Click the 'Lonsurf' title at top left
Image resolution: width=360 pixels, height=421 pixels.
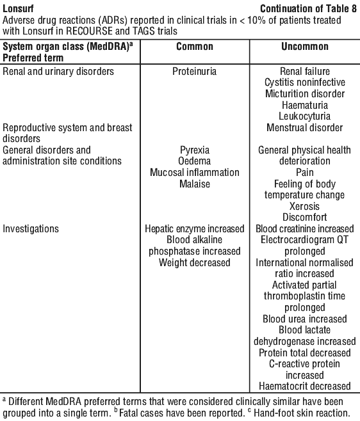(x=18, y=8)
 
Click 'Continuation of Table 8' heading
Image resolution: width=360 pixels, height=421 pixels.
(x=308, y=8)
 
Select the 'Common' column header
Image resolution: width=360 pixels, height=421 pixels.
(x=195, y=47)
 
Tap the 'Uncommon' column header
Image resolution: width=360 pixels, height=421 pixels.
(x=305, y=47)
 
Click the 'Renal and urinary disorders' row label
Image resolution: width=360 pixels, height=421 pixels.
(x=58, y=72)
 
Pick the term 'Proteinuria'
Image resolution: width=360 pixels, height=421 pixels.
(x=194, y=72)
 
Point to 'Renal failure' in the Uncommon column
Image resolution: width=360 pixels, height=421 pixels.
(x=305, y=72)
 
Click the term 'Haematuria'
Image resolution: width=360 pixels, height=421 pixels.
(x=305, y=105)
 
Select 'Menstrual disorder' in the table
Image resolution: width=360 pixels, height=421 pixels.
(x=305, y=127)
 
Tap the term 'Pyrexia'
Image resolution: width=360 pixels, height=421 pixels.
(x=195, y=150)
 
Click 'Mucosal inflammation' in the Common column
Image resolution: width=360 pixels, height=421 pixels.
(x=195, y=172)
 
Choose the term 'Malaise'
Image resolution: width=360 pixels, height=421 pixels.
(x=195, y=184)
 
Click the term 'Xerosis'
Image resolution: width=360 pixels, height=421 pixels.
(x=305, y=206)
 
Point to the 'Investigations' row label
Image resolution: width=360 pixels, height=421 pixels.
(x=31, y=229)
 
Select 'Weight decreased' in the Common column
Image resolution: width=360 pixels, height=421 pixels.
(x=194, y=262)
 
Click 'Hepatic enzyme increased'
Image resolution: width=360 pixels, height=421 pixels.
(x=195, y=229)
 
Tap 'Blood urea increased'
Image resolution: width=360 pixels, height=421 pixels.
(x=305, y=319)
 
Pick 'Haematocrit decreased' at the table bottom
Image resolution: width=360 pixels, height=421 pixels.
(x=305, y=386)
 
